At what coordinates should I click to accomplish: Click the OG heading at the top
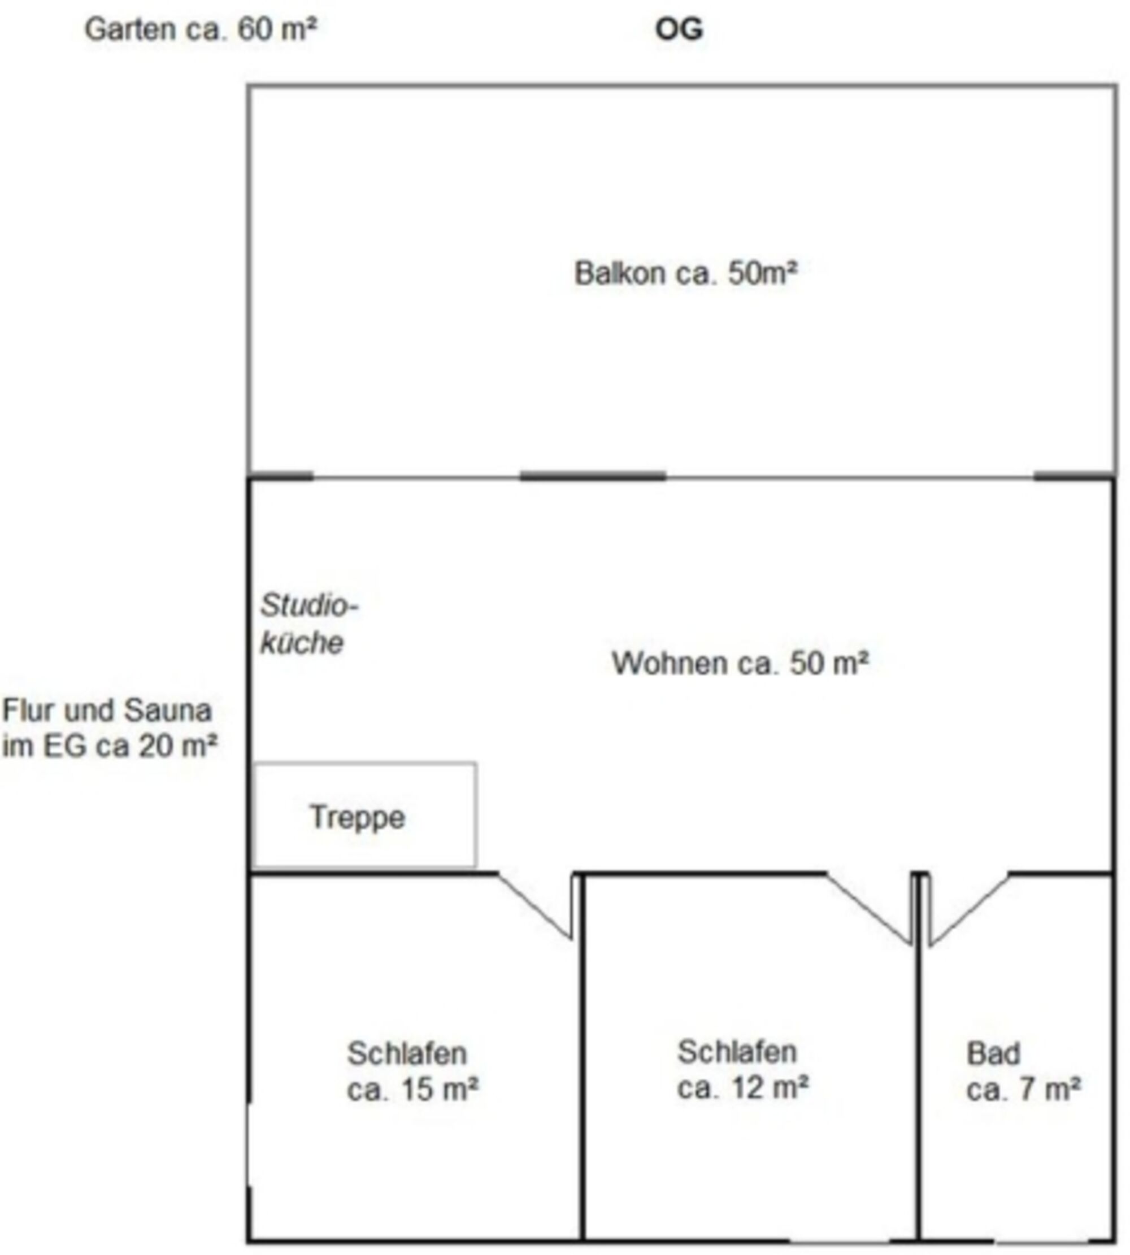tap(679, 29)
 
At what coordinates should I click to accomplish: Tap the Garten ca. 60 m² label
tap(201, 29)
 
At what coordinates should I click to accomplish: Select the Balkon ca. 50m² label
tap(685, 273)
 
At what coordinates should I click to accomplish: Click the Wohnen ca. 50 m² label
tap(740, 663)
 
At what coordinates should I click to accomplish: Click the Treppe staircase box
tap(365, 815)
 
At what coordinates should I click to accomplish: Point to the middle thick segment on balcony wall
tap(593, 477)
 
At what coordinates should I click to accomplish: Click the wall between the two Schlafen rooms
tap(583, 1058)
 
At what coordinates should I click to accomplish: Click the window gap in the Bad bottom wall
tap(1041, 1241)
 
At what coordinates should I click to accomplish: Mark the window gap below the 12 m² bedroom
tap(840, 1241)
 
